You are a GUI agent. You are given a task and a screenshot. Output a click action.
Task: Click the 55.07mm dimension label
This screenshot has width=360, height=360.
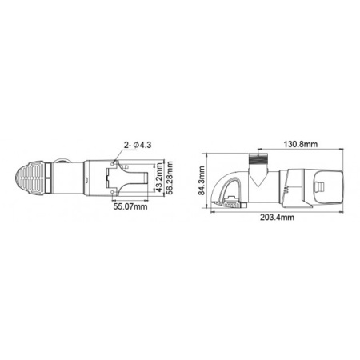(x=130, y=206)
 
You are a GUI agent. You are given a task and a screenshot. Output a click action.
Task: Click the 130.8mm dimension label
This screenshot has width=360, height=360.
(x=302, y=144)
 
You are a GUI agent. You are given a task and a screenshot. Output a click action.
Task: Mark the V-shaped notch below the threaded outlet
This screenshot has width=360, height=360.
(x=257, y=174)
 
